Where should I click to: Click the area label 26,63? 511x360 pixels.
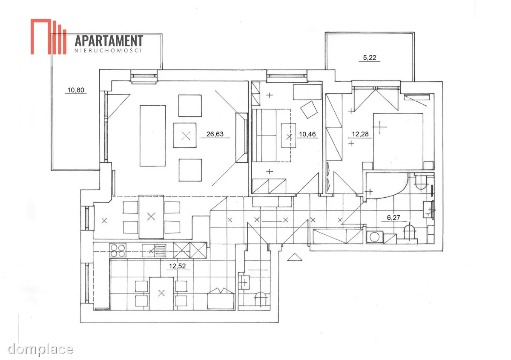(x=215, y=134)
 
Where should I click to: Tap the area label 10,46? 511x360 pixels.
(x=307, y=134)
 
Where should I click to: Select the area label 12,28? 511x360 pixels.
(x=360, y=134)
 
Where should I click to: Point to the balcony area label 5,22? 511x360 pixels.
(x=370, y=58)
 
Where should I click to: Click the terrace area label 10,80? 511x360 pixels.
(x=76, y=90)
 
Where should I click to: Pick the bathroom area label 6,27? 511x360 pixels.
(x=393, y=218)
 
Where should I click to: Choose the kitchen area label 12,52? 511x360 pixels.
(x=177, y=266)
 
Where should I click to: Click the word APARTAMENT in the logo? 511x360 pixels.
(x=109, y=41)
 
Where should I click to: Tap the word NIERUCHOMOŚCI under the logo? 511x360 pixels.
(x=108, y=50)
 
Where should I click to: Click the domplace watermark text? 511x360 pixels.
(x=40, y=350)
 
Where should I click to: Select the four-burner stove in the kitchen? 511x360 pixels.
(x=118, y=251)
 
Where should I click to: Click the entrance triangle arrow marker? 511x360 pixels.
(x=295, y=257)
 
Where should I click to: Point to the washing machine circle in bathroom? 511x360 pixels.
(x=374, y=237)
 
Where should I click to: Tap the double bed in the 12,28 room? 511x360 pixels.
(x=398, y=141)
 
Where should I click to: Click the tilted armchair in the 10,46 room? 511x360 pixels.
(x=309, y=109)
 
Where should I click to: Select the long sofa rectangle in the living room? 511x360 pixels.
(x=152, y=135)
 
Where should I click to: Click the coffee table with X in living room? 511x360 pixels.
(x=185, y=135)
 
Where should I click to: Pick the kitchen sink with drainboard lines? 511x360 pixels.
(x=155, y=251)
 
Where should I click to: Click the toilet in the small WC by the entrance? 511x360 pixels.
(x=261, y=299)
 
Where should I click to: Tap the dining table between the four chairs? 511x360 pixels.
(x=151, y=217)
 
